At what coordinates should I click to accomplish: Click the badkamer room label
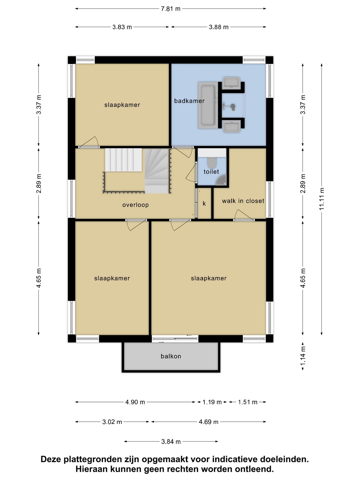tap(189, 101)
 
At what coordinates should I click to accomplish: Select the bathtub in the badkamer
tap(208, 105)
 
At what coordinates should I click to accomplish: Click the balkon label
tap(171, 356)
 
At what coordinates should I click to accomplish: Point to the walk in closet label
tap(243, 201)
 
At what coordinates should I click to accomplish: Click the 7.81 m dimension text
tap(170, 9)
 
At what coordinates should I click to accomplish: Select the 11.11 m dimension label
tap(321, 199)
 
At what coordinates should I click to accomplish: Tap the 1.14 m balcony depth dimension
tap(303, 356)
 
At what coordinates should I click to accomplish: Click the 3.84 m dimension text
tap(171, 442)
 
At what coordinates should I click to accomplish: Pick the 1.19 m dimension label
tap(212, 402)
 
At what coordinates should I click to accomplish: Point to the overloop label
tap(136, 205)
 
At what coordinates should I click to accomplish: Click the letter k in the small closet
tap(204, 204)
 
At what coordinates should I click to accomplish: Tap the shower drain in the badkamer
tap(233, 106)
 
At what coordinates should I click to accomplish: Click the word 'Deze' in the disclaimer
tap(51, 459)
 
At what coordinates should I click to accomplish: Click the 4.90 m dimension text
tap(135, 402)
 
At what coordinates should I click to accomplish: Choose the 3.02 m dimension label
tap(112, 422)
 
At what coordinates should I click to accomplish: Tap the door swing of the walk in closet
tap(244, 215)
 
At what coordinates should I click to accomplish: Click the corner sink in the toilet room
tap(222, 180)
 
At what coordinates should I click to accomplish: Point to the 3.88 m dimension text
tap(219, 27)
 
